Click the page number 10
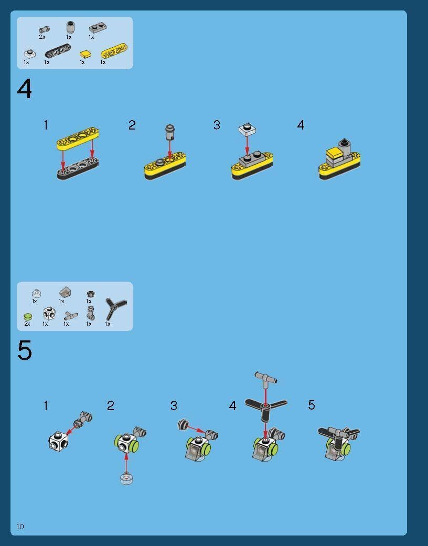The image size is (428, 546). pyautogui.click(x=20, y=526)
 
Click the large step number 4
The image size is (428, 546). pyautogui.click(x=24, y=89)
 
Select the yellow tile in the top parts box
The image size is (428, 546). pyautogui.click(x=85, y=55)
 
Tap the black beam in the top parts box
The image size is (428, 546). pyautogui.click(x=58, y=51)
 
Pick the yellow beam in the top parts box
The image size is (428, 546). pyautogui.click(x=114, y=51)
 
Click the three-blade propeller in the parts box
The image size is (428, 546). pyautogui.click(x=115, y=308)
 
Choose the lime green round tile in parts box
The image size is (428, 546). pyautogui.click(x=27, y=316)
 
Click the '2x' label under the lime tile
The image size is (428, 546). pyautogui.click(x=27, y=324)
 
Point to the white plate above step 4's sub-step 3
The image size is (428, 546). pyautogui.click(x=247, y=129)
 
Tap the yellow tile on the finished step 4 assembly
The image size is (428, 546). pyautogui.click(x=334, y=152)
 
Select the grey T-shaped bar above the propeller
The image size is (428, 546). pyautogui.click(x=266, y=378)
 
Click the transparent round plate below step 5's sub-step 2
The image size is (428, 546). pyautogui.click(x=126, y=479)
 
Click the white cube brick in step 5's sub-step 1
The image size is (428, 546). pyautogui.click(x=58, y=441)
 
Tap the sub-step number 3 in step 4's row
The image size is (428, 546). pyautogui.click(x=217, y=125)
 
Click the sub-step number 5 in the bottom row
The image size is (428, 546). pyautogui.click(x=312, y=405)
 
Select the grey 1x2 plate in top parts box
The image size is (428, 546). pyautogui.click(x=98, y=27)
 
